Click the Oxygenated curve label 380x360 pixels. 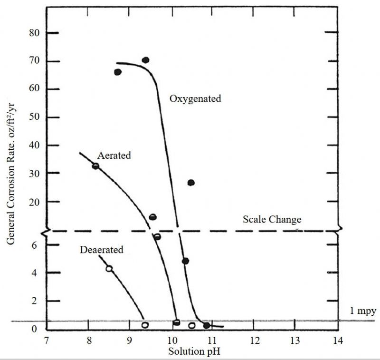pyautogui.click(x=195, y=99)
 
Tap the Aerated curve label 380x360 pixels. pyautogui.click(x=114, y=156)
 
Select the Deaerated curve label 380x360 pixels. pyautogui.click(x=102, y=250)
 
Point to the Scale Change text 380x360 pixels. pyautogui.click(x=272, y=220)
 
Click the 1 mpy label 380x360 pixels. pyautogui.click(x=363, y=311)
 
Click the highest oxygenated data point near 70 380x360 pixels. pyautogui.click(x=145, y=60)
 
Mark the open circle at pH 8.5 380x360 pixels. pyautogui.click(x=109, y=269)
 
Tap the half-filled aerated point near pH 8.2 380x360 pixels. pyautogui.click(x=95, y=166)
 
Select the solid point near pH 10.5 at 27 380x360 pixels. pyautogui.click(x=191, y=183)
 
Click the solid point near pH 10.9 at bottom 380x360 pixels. pyautogui.click(x=207, y=325)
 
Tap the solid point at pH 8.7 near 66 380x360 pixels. pyautogui.click(x=118, y=72)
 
